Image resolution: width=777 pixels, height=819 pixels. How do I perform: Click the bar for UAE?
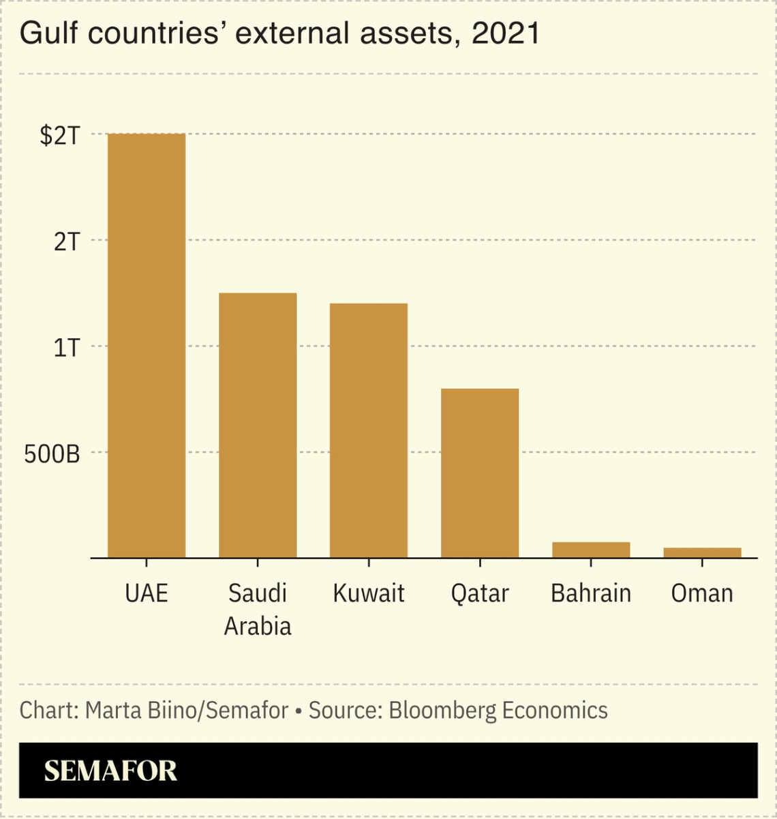(x=147, y=346)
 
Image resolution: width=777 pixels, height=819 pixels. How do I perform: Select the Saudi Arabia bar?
(x=258, y=426)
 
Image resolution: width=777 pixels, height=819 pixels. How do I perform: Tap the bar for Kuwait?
(x=369, y=430)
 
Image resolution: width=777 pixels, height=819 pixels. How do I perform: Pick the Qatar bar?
(x=480, y=473)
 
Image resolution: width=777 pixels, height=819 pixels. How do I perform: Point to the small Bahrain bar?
(x=591, y=550)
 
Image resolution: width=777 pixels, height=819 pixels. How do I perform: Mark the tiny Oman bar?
(x=702, y=553)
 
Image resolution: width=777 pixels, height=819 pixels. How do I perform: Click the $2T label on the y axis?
(x=60, y=136)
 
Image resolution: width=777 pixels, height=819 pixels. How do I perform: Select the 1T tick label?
(x=67, y=348)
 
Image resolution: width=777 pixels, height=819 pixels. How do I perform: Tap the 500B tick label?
(x=52, y=454)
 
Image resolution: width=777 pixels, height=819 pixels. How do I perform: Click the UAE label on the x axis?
(x=147, y=593)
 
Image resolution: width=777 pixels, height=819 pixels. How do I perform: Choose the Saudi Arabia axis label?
(x=258, y=610)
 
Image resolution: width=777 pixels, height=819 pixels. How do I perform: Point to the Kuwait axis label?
(x=369, y=593)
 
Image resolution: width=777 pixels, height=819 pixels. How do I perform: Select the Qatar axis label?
(x=480, y=593)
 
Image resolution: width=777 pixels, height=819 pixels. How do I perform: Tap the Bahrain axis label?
(x=591, y=593)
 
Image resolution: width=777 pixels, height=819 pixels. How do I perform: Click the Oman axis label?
(x=702, y=593)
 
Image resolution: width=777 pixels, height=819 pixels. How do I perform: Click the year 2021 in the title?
(x=505, y=33)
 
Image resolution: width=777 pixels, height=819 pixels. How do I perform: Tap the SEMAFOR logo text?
(x=110, y=771)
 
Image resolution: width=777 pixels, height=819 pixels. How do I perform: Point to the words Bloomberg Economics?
(x=498, y=711)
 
